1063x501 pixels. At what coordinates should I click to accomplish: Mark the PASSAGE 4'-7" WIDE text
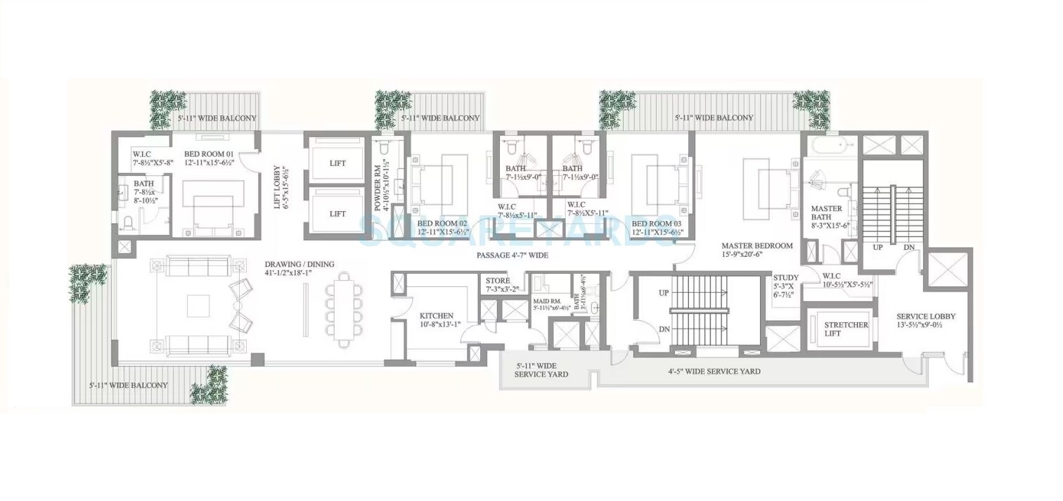(x=512, y=255)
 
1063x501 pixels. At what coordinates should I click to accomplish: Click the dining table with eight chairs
(x=343, y=310)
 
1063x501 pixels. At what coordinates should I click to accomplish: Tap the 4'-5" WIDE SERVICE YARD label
(x=715, y=371)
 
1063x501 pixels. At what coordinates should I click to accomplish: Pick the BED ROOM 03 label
(x=660, y=223)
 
